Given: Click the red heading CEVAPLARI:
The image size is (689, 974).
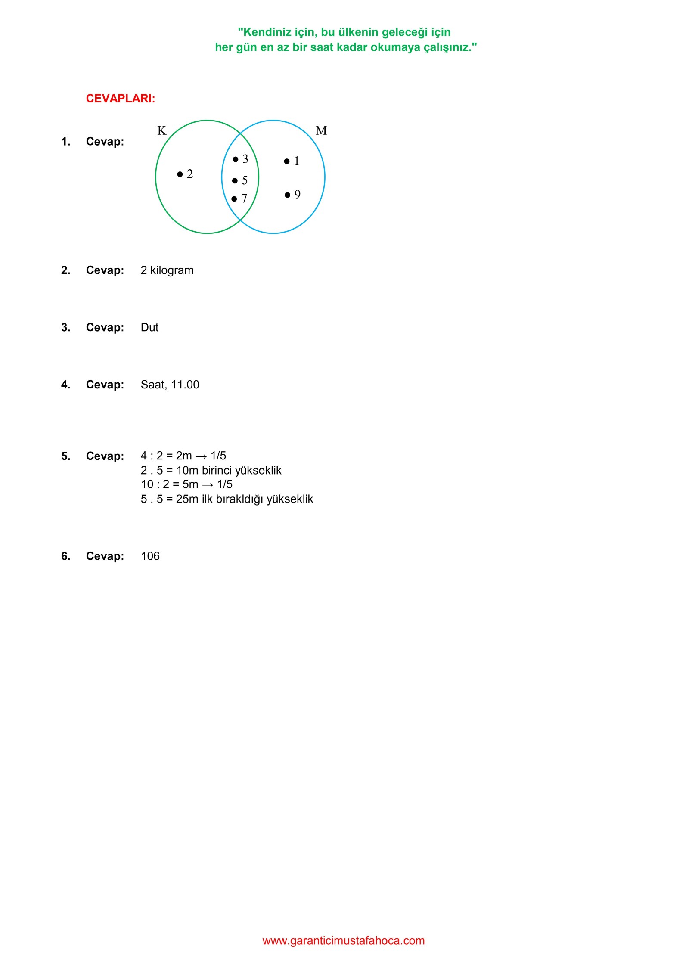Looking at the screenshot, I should [x=120, y=99].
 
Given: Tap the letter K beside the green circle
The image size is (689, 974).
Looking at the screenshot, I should [x=161, y=130].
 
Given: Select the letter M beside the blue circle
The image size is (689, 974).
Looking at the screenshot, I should [x=321, y=130].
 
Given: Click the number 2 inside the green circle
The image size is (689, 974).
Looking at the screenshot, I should [x=189, y=174].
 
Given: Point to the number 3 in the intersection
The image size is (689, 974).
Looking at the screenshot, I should [x=245, y=159].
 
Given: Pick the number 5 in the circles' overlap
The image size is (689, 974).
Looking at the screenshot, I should [x=245, y=180].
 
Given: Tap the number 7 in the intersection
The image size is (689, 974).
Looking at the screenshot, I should [x=244, y=199].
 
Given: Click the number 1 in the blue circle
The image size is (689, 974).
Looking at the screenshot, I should [x=296, y=161].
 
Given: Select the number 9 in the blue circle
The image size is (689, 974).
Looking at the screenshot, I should [x=297, y=195].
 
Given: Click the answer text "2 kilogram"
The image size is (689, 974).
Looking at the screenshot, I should [x=167, y=270].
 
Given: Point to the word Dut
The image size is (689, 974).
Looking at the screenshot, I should [x=149, y=328].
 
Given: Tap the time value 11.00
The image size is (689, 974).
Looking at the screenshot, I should [x=185, y=385].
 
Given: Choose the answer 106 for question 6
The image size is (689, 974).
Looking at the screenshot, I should [x=150, y=556].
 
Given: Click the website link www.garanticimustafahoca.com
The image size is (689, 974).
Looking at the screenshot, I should [x=343, y=941].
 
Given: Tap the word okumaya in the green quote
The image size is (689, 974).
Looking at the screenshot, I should [x=395, y=47].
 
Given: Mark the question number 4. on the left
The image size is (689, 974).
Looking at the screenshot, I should [x=65, y=385].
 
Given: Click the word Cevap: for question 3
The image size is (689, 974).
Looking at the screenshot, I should [x=105, y=328].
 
